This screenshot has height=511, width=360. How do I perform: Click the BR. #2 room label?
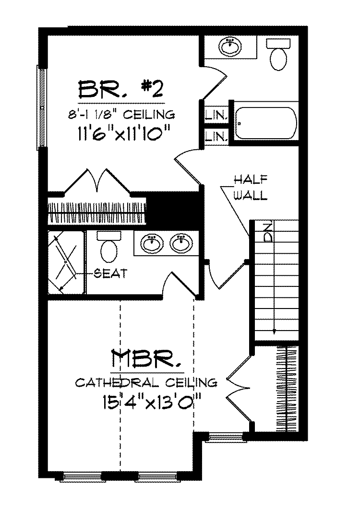[x=121, y=89]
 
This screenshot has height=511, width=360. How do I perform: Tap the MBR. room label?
[x=147, y=359]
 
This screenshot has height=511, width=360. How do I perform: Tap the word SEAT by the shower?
[x=110, y=273]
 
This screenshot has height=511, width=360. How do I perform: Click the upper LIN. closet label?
[x=216, y=116]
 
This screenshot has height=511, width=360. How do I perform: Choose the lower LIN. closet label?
[x=216, y=136]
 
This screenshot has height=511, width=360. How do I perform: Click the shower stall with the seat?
[x=66, y=262]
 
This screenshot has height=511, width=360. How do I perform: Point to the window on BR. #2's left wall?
[x=42, y=107]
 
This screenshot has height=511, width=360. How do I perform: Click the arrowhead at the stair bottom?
[x=274, y=331]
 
